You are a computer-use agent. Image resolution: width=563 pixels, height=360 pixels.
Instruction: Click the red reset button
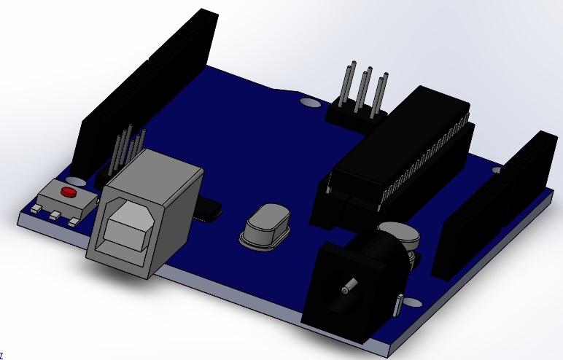click(x=69, y=192)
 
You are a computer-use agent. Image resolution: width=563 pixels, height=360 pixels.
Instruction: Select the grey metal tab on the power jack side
click(x=398, y=305)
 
